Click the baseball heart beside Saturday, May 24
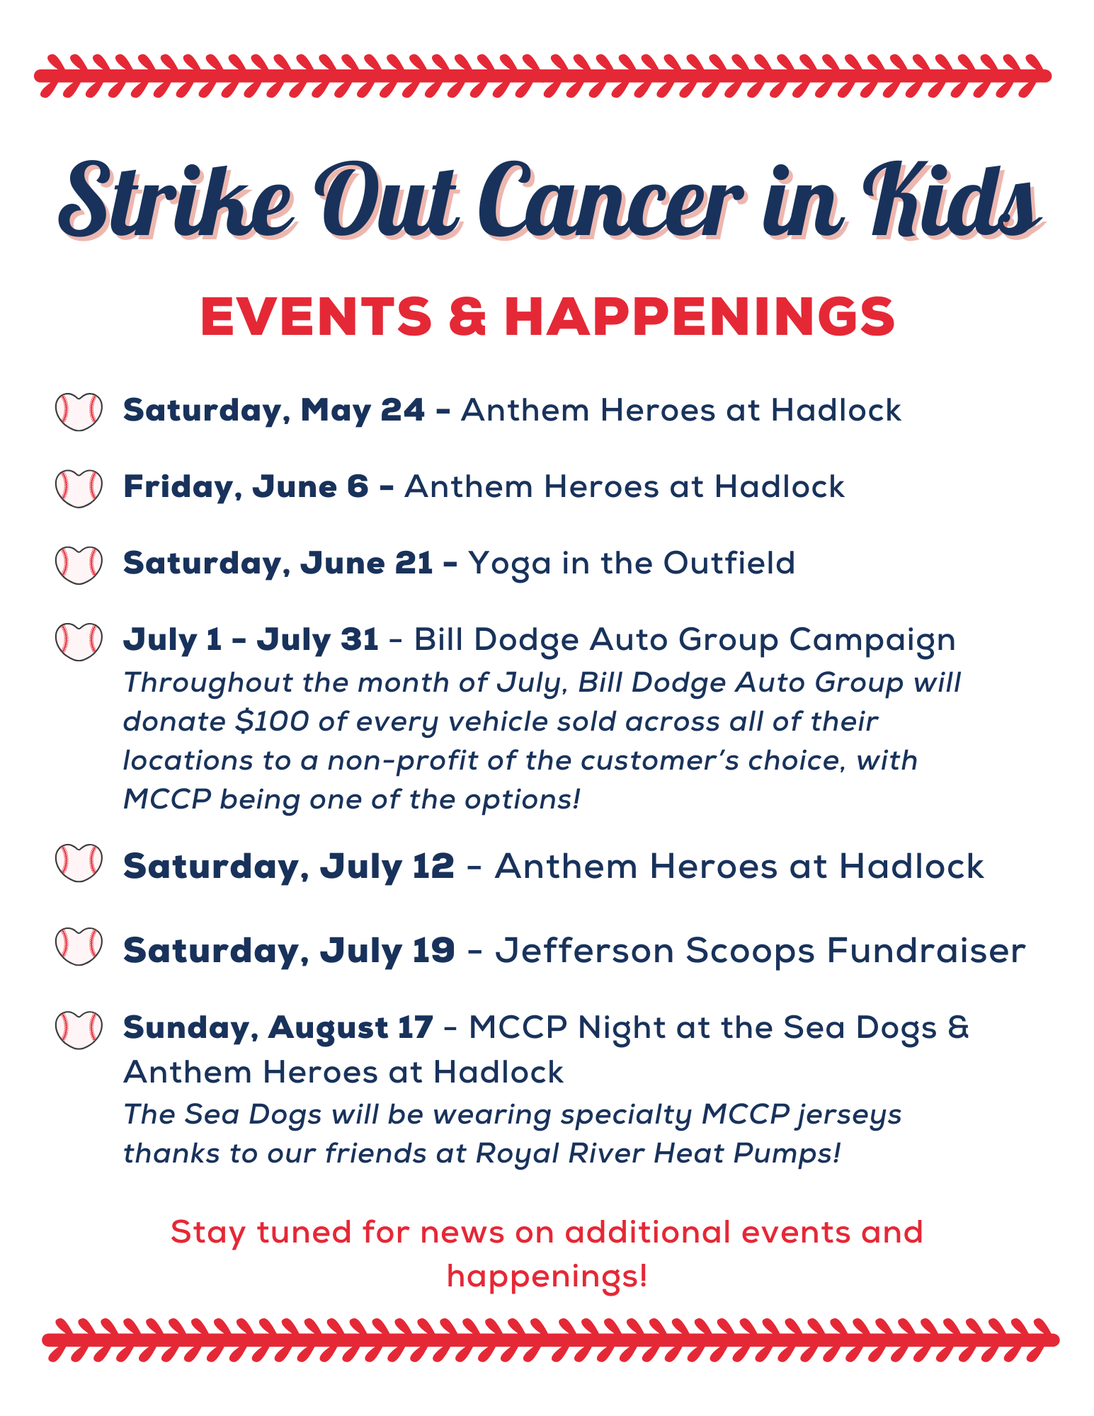click(x=79, y=411)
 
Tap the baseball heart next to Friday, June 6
click(x=79, y=488)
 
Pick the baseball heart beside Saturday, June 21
click(x=79, y=564)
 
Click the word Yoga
click(x=510, y=565)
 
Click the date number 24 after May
click(x=403, y=410)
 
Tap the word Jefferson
click(x=584, y=949)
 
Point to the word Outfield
click(x=729, y=563)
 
